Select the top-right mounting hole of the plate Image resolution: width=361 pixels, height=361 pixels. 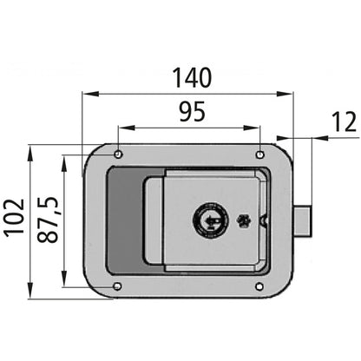tap(258, 154)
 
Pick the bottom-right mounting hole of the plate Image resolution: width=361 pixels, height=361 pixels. tap(258, 287)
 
